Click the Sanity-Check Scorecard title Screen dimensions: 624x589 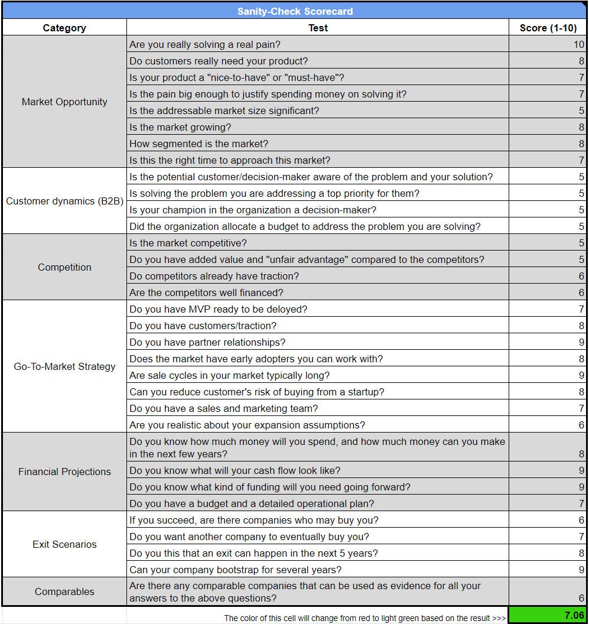294,11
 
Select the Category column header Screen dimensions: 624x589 64,28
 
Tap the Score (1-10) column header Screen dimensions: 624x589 548,28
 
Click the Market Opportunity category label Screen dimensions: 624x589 64,102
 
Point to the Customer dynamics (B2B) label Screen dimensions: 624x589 64,201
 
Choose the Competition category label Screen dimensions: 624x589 64,267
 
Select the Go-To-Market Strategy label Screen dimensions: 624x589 64,366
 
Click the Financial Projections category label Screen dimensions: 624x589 64,472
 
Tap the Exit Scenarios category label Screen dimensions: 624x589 64,544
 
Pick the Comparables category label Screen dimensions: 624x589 64,591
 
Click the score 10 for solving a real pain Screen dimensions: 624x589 578,44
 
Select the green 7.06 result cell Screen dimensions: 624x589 547,615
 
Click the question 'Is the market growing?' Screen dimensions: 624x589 180,127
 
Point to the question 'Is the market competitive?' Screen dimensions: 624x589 188,243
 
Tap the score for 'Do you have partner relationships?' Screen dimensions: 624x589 581,342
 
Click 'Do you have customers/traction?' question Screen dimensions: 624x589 203,326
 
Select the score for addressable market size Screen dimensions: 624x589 581,110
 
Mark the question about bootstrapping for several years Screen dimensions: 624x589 235,570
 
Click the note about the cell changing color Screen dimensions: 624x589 365,618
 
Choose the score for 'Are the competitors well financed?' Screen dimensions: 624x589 581,292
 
